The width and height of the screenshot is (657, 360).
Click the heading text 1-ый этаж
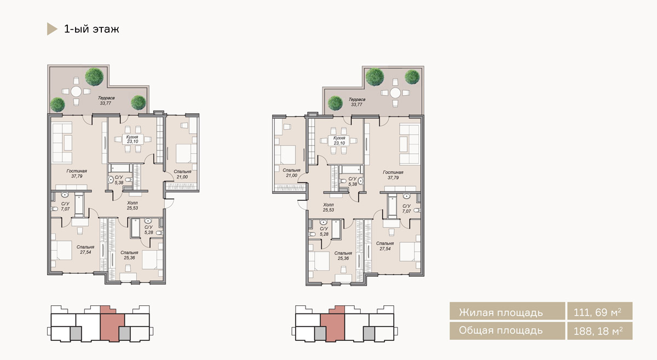[91, 30]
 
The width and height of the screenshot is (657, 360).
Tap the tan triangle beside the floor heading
[51, 29]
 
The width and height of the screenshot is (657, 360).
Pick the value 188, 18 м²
[598, 331]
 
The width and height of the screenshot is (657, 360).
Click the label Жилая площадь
[500, 312]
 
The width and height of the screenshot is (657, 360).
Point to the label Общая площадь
[500, 330]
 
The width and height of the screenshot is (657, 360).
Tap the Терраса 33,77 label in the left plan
[106, 101]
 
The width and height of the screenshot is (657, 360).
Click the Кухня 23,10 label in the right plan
[339, 141]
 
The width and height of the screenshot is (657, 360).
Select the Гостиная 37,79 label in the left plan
[77, 173]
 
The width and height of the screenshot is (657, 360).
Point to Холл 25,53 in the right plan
[328, 207]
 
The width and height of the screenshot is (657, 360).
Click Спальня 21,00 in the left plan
[182, 174]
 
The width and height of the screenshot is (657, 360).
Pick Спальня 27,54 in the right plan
[385, 246]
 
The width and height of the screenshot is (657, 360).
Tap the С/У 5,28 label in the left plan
[149, 230]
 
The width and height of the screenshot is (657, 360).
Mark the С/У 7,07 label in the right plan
[406, 209]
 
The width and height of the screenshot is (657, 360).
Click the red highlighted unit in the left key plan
[112, 326]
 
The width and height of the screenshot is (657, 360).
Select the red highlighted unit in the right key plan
[333, 326]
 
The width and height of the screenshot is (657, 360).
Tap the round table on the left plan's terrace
[76, 91]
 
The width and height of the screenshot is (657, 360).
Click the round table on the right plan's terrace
[395, 93]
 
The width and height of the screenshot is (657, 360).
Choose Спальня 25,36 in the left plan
[129, 255]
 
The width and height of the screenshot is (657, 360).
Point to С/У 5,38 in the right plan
[353, 182]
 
